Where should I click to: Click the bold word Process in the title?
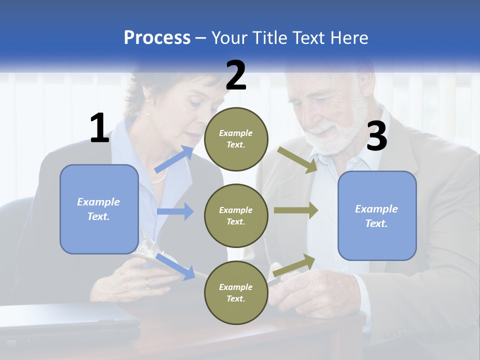(157, 38)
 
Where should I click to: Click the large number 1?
(99, 128)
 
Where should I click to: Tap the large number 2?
(236, 75)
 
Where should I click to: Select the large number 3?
(376, 136)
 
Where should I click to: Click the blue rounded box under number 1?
(99, 209)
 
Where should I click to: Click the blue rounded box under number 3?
(377, 215)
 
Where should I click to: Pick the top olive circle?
(236, 139)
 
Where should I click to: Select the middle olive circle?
(236, 215)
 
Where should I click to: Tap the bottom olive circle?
(236, 292)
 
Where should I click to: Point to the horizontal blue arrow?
(175, 211)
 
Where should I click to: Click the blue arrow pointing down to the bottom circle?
(175, 266)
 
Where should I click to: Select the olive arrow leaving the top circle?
(297, 159)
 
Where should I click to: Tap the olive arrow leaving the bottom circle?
(294, 265)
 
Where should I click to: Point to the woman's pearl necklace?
(160, 176)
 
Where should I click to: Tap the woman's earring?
(148, 100)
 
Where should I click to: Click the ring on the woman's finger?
(147, 283)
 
